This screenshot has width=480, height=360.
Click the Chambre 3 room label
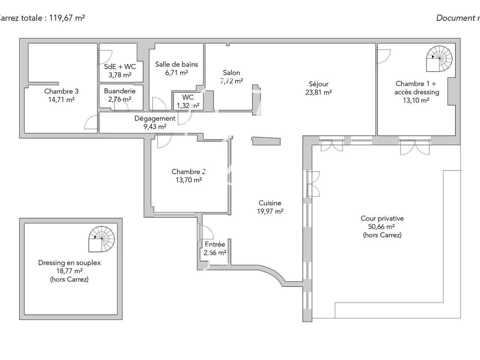[x=61, y=91]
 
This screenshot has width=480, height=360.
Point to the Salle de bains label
[x=176, y=64]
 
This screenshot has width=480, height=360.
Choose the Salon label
[x=232, y=72]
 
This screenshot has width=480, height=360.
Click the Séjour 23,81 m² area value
[x=318, y=92]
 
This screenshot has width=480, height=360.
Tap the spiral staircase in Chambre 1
[x=440, y=58]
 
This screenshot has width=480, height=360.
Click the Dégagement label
[x=155, y=118]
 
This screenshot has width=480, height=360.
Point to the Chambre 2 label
[x=188, y=172]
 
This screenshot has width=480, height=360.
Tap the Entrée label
[x=215, y=244]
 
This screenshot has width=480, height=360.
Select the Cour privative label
[x=382, y=218]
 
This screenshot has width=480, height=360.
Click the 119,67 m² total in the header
[x=67, y=18]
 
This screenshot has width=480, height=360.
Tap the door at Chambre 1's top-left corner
[x=383, y=56]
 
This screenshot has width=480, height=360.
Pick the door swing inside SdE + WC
[x=106, y=56]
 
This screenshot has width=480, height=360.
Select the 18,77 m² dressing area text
[x=69, y=271]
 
